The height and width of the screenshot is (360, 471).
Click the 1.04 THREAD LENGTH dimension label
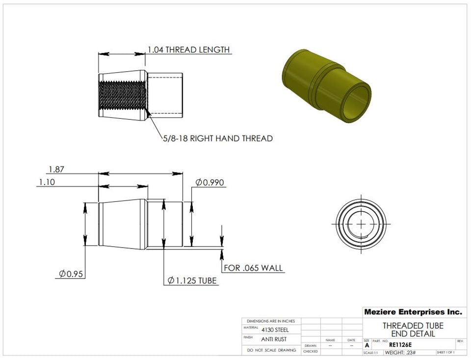coord(188,50)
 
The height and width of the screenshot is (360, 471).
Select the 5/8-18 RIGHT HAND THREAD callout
coord(218,138)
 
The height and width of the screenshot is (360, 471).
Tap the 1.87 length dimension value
coord(56,169)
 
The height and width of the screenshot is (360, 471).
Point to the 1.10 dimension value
coord(47,182)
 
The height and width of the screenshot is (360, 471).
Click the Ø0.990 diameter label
coord(209,183)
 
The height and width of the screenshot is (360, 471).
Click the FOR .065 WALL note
coord(253,268)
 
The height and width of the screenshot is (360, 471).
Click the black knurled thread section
coord(122,96)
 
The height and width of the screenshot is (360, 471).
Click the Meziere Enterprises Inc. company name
coord(413,312)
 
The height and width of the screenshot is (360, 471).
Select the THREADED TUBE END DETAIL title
coord(413,330)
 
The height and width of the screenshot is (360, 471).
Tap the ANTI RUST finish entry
coord(274,339)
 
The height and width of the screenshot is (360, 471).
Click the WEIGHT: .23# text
coord(400,353)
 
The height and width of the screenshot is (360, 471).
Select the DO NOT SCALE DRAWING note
coord(271,350)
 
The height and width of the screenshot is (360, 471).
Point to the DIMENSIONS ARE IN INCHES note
coord(271,321)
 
